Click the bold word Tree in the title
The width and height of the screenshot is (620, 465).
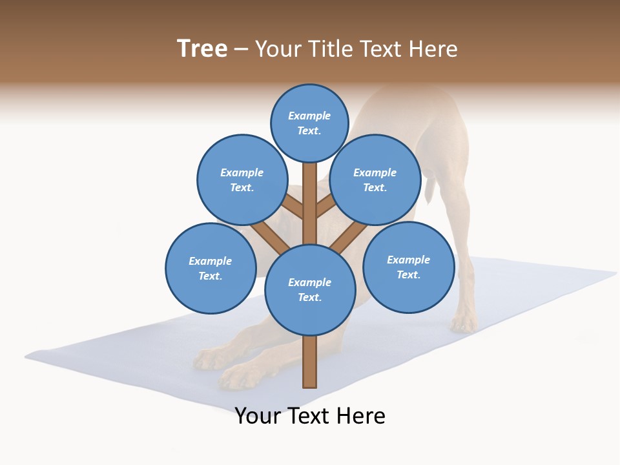pos(202,48)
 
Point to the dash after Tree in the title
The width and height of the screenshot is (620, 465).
pos(241,50)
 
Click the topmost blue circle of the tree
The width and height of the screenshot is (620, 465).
pos(310,123)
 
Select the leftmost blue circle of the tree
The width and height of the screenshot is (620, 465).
pos(211,268)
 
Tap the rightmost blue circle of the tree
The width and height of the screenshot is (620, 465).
pos(408,267)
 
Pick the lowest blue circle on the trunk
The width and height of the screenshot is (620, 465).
pos(310,290)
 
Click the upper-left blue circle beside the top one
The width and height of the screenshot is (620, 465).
pos(242,180)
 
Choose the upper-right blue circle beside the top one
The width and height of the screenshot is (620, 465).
pos(375,180)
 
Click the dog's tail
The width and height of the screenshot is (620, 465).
pos(428,187)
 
